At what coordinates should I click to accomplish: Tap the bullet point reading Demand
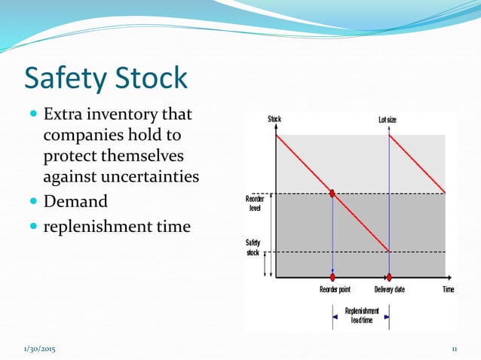75,201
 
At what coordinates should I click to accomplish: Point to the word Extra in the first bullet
63,115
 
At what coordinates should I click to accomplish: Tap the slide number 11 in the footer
455,349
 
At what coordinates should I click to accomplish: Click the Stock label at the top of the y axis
274,119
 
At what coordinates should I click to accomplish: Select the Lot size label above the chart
388,120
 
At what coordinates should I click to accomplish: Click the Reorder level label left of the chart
254,203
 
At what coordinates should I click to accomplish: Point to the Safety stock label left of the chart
253,247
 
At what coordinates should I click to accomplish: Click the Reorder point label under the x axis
335,289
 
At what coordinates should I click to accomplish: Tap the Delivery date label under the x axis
390,289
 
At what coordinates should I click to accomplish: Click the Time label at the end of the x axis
448,289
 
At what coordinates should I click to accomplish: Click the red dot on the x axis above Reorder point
332,277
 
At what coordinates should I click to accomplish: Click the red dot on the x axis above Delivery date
389,277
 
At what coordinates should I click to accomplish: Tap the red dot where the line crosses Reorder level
332,194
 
